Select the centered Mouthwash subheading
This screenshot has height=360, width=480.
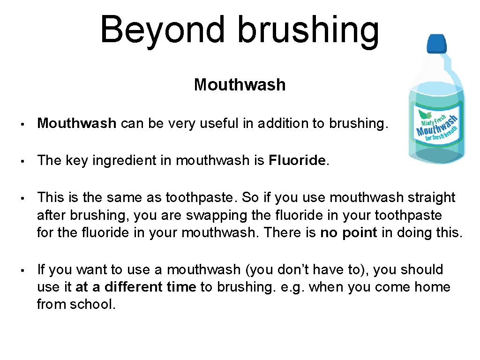coord(240,85)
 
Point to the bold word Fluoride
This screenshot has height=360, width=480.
coord(297,160)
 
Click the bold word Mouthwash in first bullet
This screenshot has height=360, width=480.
coord(76,123)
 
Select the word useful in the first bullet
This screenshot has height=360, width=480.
coord(217,123)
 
